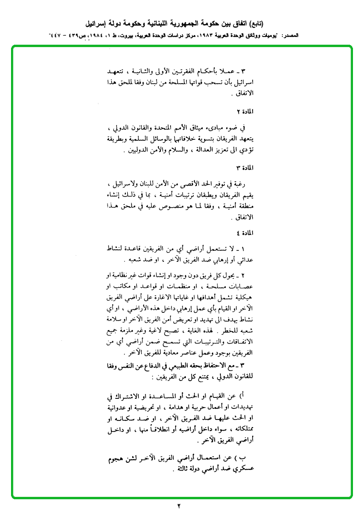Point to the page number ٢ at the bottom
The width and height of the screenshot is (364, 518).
click(178, 506)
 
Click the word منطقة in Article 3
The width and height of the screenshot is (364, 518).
click(244, 208)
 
